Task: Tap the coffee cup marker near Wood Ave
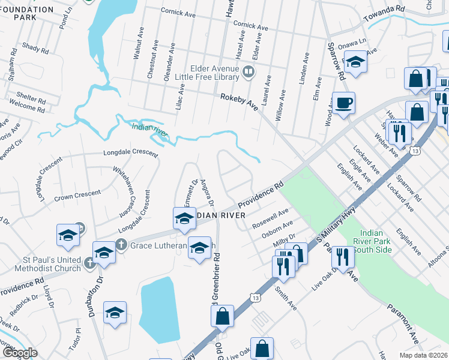pyautogui.click(x=343, y=102)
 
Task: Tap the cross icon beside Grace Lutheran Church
pyautogui.click(x=121, y=245)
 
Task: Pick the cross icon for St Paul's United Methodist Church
pyautogui.click(x=89, y=262)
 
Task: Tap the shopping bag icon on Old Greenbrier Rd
pyautogui.click(x=222, y=316)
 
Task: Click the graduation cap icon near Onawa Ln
pyautogui.click(x=355, y=63)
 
